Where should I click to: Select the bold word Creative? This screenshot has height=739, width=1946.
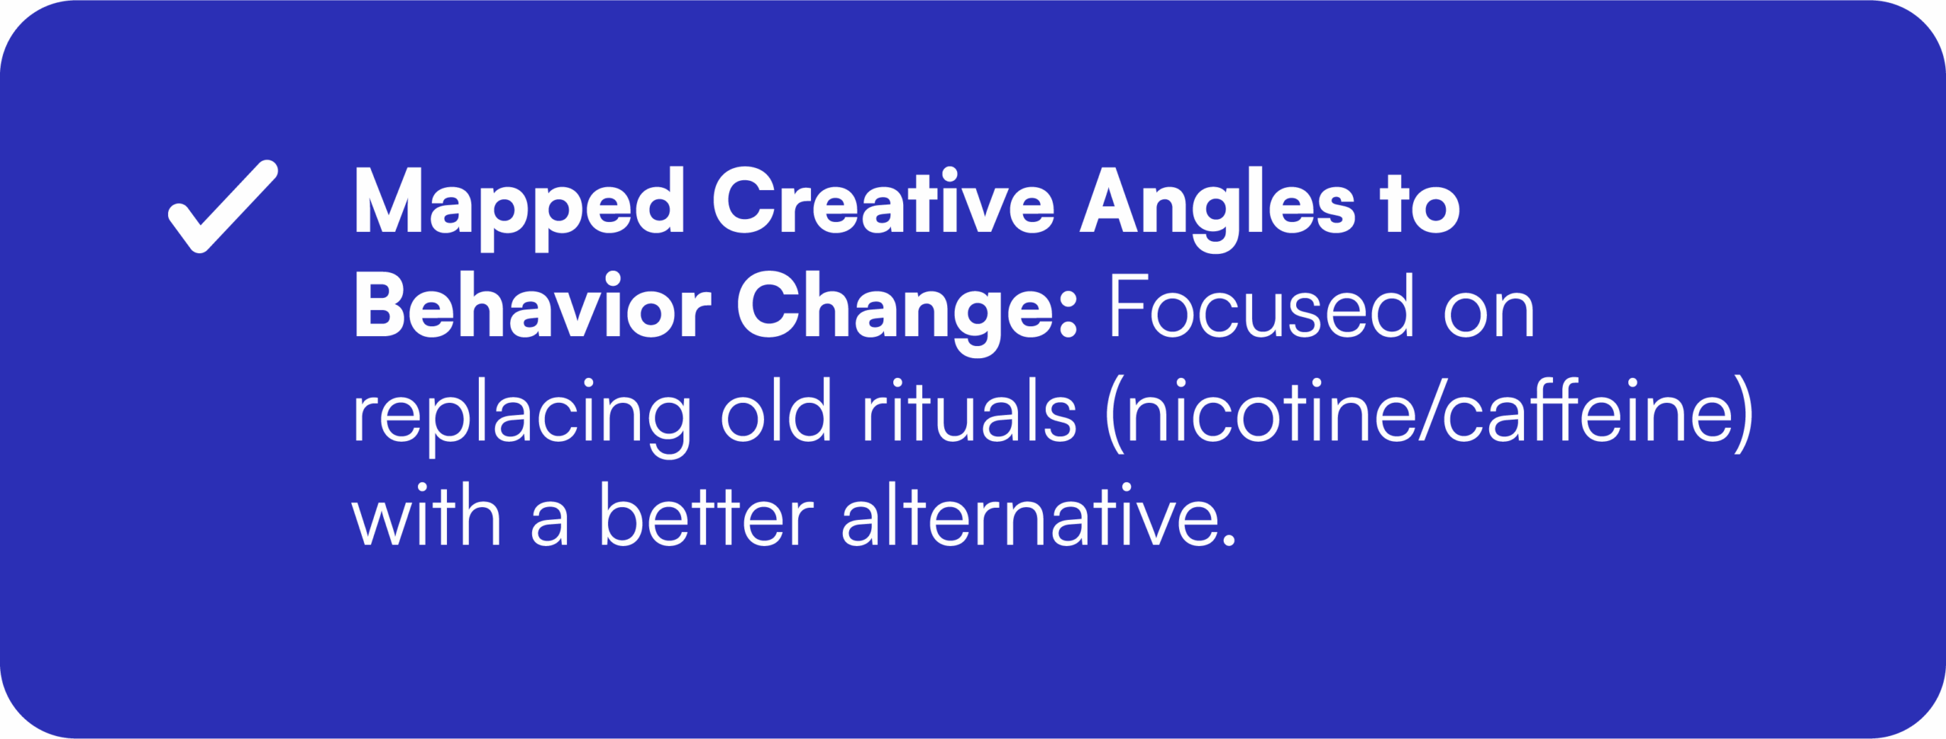(883, 201)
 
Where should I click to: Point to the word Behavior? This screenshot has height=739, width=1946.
(533, 306)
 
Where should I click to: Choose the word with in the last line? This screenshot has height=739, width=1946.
(426, 514)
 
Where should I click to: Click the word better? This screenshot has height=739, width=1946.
(707, 514)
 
